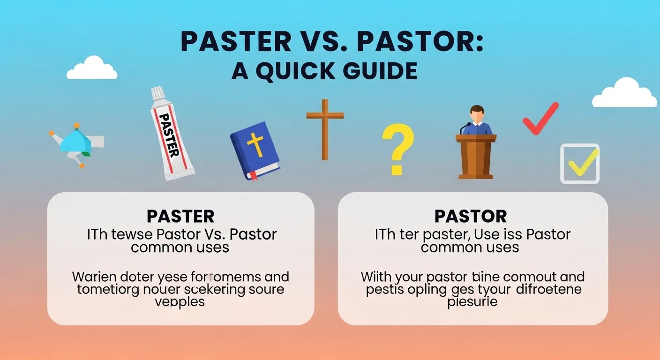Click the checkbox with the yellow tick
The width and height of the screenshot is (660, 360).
pos(580,163)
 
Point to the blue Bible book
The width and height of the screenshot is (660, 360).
pos(255,150)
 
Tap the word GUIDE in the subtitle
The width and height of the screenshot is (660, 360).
pos(379,71)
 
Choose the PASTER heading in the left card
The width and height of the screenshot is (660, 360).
pos(180,216)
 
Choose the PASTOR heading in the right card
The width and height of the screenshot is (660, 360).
pos(471,216)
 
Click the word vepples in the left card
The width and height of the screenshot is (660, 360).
pos(180,301)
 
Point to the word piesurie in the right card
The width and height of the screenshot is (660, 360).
pos(472,301)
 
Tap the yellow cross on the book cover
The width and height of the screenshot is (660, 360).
pos(256,144)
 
